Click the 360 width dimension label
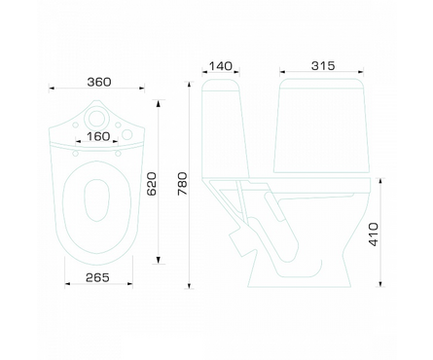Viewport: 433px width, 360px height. click(x=99, y=82)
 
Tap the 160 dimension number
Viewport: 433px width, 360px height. click(x=98, y=136)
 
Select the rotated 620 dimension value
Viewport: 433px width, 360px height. click(x=152, y=184)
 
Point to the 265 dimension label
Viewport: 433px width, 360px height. click(x=97, y=277)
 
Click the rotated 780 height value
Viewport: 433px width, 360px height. click(x=183, y=184)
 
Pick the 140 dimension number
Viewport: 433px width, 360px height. click(x=220, y=66)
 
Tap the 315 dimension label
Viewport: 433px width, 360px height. click(x=323, y=66)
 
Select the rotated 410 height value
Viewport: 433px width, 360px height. click(x=374, y=234)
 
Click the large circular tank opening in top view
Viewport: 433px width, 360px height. click(x=96, y=119)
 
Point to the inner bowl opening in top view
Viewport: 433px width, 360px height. click(x=96, y=200)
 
